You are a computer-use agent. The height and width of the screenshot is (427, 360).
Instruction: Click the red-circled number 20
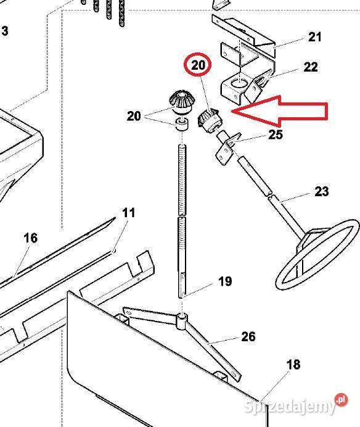click(x=198, y=65)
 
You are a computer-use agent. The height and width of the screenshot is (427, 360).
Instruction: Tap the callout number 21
click(x=315, y=37)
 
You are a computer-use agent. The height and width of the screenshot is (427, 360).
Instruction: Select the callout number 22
click(x=311, y=67)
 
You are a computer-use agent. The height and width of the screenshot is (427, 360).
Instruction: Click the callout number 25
click(x=276, y=135)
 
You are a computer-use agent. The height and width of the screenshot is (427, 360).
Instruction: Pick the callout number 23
click(x=322, y=191)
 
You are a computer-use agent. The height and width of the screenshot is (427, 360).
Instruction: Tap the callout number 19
click(x=225, y=281)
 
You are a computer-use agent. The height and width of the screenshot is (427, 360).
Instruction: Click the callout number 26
click(x=248, y=336)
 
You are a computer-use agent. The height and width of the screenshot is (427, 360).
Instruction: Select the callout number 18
click(x=293, y=364)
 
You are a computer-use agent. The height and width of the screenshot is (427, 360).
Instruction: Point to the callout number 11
click(x=128, y=213)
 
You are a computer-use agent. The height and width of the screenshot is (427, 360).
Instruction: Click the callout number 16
click(x=30, y=238)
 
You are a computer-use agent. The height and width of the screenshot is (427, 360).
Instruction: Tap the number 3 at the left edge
click(x=5, y=31)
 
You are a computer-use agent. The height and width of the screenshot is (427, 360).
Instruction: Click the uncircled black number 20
click(x=134, y=116)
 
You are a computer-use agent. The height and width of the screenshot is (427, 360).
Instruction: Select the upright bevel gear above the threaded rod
click(x=181, y=102)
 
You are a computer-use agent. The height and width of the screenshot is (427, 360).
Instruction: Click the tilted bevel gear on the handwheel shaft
click(x=210, y=120)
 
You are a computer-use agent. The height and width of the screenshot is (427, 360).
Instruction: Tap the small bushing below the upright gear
click(x=182, y=125)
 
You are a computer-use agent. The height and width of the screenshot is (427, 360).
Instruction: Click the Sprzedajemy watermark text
click(x=289, y=407)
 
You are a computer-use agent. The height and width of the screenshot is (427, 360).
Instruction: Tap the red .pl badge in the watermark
click(x=342, y=400)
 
